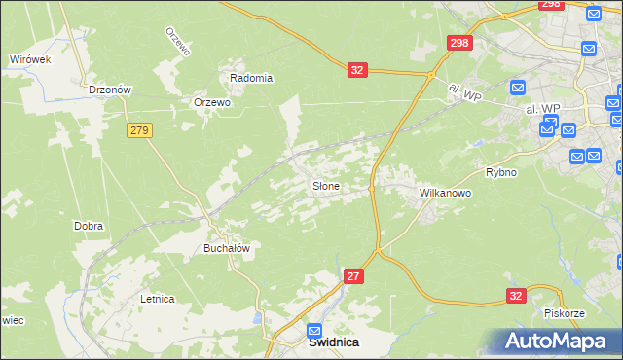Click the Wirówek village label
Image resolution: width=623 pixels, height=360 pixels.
[x=29, y=59]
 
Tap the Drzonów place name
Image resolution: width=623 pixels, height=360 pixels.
[x=109, y=90]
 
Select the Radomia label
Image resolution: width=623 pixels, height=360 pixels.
[x=250, y=78]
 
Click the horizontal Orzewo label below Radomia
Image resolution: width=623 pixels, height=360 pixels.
[x=212, y=102]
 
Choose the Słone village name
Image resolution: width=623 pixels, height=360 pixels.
[x=325, y=185]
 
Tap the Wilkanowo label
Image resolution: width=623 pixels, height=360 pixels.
[x=445, y=193]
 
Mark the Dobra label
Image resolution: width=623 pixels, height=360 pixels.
[x=89, y=226]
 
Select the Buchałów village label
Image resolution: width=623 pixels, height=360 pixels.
[x=227, y=248]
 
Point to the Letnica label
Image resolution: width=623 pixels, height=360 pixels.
[x=157, y=299]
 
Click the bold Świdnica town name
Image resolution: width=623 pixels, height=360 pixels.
[x=334, y=342]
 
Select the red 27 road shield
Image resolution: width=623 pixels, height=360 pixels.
[x=353, y=277]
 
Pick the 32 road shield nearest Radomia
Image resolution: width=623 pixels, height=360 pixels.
[x=357, y=70]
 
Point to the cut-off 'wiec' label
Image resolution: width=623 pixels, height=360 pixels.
[x=11, y=319]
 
